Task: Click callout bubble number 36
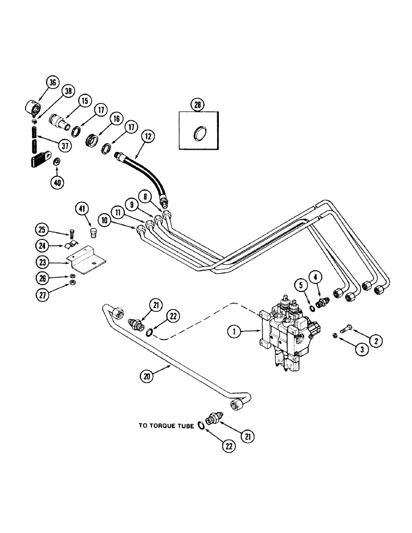click(52, 82)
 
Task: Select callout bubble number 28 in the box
click(197, 104)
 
